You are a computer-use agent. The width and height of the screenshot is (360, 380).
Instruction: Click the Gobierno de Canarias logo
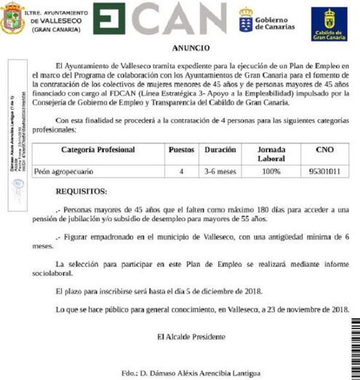266,20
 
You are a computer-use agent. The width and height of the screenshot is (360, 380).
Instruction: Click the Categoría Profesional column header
98,150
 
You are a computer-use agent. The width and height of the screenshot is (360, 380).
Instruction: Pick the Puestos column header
181,150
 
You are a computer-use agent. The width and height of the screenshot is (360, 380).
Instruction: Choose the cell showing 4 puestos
181,172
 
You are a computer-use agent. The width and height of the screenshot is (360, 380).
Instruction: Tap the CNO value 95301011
325,172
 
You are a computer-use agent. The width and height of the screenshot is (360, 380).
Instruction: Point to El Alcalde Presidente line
190,336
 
